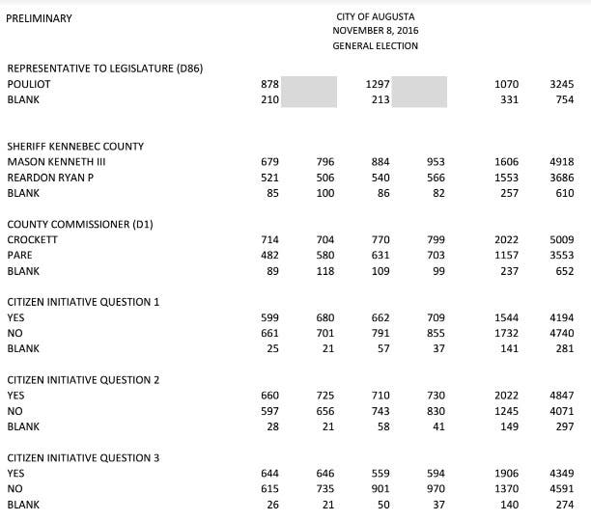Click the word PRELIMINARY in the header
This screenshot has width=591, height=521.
click(x=39, y=18)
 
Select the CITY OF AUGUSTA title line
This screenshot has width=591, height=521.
click(x=375, y=17)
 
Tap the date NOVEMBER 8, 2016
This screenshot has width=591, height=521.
click(x=375, y=31)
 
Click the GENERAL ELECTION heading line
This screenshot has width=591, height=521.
click(x=375, y=45)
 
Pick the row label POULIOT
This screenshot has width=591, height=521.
click(x=28, y=84)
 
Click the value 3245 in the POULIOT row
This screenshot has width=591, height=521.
click(x=561, y=84)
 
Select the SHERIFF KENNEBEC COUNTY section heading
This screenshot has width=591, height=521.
click(x=75, y=147)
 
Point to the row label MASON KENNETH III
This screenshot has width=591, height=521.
click(x=56, y=162)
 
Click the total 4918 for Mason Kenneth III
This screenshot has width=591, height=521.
click(x=561, y=162)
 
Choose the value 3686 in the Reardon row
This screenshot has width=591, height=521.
click(x=561, y=178)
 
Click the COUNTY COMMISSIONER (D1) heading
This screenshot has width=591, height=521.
click(x=80, y=224)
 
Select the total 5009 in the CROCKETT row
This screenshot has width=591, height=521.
click(x=561, y=239)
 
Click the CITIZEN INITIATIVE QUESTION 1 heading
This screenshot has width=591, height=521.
click(x=83, y=302)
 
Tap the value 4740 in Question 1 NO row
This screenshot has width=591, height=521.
click(x=561, y=333)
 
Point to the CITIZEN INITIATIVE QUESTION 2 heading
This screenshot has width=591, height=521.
click(x=83, y=379)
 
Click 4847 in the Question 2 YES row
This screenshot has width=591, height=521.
click(x=561, y=396)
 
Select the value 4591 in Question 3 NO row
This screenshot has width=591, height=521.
click(x=561, y=488)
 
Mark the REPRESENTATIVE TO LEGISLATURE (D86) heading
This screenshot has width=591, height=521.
click(x=104, y=68)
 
